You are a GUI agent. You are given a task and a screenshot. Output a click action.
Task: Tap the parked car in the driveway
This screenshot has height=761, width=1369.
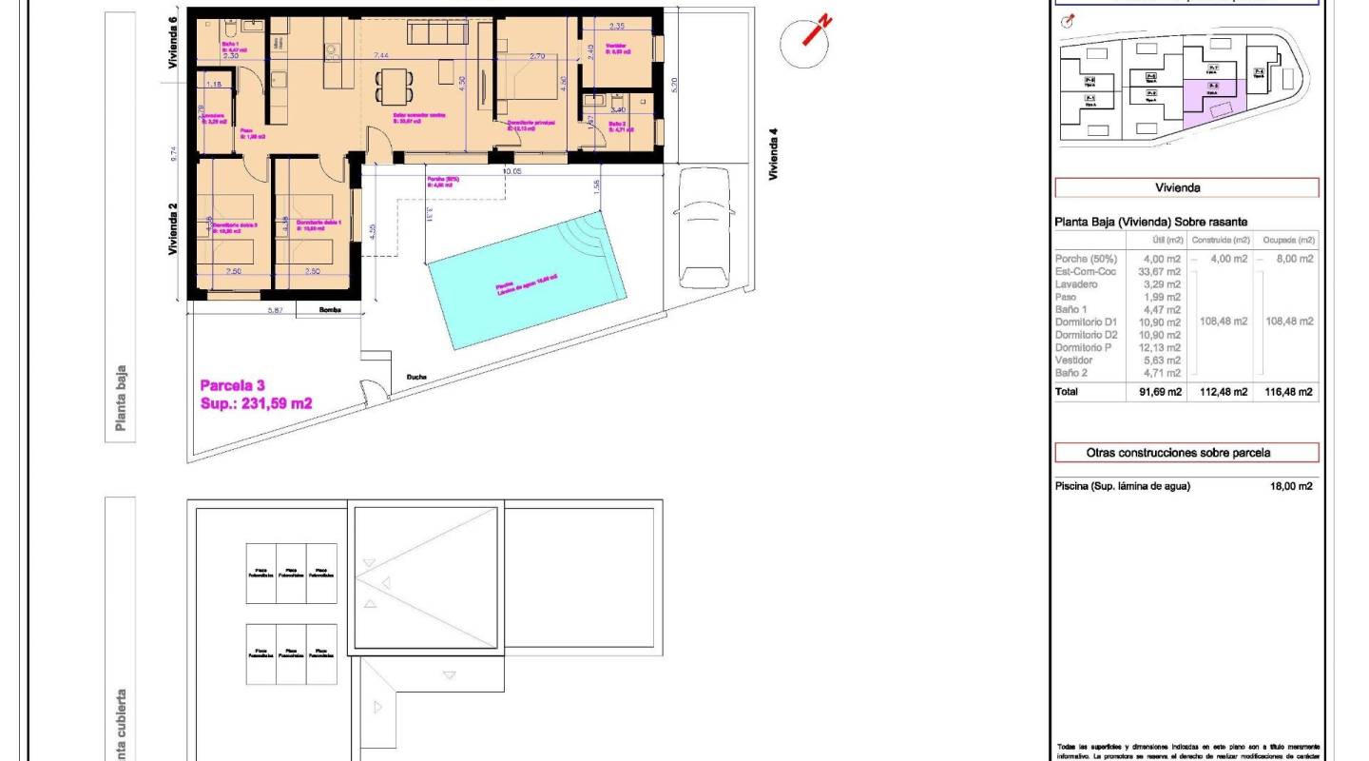[704, 225]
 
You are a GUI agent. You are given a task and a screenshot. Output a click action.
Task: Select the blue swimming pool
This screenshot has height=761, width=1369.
[526, 283]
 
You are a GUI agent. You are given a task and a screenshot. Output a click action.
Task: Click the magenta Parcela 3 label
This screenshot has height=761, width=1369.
[232, 385]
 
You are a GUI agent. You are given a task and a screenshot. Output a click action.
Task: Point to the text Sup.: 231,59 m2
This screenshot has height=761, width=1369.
[256, 403]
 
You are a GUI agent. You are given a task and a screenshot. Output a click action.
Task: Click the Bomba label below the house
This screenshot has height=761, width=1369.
[329, 310]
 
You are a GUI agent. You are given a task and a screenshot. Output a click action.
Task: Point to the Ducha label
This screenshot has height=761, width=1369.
[416, 377]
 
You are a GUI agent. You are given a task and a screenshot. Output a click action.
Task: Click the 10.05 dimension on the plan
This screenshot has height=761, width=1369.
[512, 171]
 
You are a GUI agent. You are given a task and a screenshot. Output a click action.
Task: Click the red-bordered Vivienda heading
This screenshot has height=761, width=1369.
[1186, 187]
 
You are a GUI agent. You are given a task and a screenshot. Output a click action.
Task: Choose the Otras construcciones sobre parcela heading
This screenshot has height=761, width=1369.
[1186, 453]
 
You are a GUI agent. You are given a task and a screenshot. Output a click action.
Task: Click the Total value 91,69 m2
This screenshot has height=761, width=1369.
[1160, 392]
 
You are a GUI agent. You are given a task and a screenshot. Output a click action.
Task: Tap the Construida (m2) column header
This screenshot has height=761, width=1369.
[1219, 240]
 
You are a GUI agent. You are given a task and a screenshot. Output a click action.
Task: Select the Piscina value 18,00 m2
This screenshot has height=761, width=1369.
[1291, 486]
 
